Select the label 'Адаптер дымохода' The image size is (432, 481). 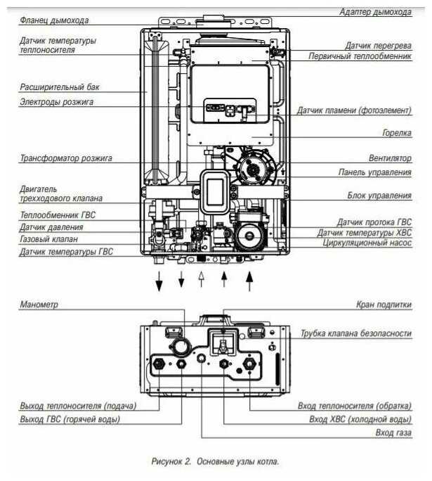click(x=375, y=13)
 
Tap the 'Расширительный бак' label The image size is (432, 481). click(x=60, y=88)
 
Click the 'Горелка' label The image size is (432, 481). click(x=396, y=132)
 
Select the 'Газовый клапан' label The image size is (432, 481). click(x=49, y=239)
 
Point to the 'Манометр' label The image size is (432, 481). click(x=40, y=304)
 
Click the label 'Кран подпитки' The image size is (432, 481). click(x=382, y=304)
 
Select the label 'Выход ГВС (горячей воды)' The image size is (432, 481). click(x=70, y=420)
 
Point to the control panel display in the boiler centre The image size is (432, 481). click(x=216, y=189)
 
